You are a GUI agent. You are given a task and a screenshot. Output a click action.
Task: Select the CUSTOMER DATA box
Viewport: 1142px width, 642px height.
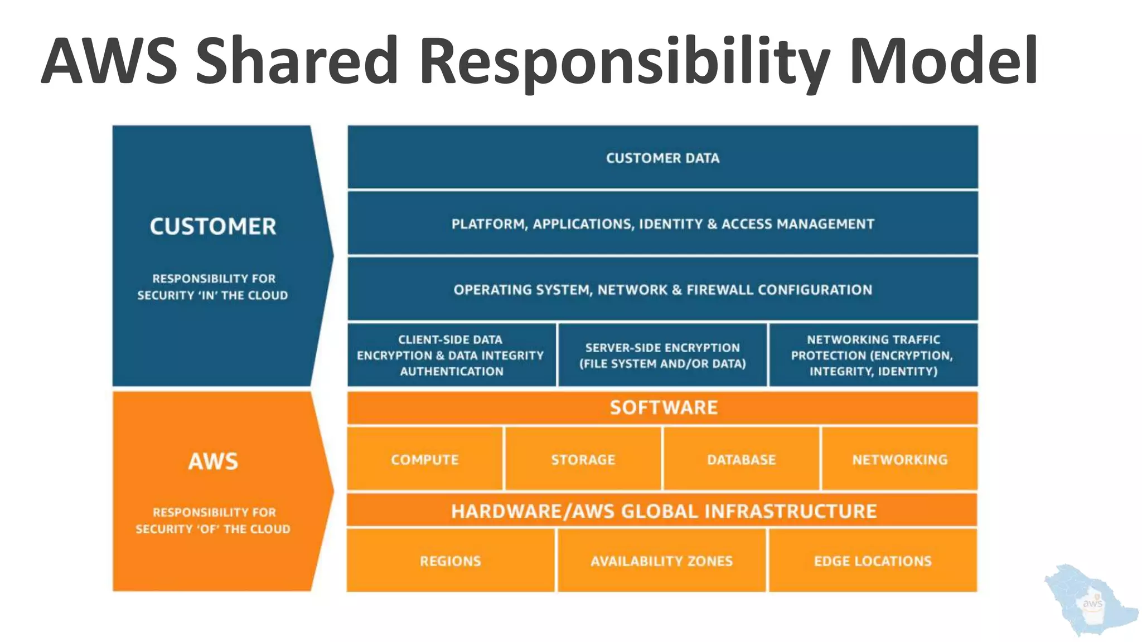coord(662,158)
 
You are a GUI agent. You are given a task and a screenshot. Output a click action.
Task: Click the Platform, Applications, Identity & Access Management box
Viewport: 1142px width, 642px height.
coord(662,223)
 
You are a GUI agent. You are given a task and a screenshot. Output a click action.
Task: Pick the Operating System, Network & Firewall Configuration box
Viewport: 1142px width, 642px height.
coord(662,289)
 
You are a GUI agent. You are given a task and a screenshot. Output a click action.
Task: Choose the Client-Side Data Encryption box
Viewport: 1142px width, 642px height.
coord(451,355)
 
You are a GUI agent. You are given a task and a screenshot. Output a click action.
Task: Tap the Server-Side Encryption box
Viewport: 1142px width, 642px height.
coord(662,355)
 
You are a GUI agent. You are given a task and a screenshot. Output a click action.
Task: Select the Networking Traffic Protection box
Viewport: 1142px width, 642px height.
coord(873,355)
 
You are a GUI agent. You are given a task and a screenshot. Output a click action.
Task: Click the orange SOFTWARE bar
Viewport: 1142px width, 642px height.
coord(662,407)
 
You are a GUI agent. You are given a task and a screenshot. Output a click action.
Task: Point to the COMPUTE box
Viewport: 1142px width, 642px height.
coord(425,459)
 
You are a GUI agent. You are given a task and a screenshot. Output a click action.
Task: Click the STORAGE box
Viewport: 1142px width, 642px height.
coord(583,459)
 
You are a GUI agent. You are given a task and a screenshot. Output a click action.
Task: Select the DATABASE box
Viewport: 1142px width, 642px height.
coord(742,459)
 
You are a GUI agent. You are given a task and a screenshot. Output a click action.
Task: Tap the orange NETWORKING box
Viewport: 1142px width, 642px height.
coord(899,459)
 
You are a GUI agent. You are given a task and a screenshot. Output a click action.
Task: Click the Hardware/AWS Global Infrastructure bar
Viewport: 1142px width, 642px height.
coord(662,510)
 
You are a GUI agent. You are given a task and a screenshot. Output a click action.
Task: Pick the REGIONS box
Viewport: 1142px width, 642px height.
coord(451,561)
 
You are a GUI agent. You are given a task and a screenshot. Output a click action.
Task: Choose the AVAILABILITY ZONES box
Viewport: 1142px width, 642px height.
coord(662,561)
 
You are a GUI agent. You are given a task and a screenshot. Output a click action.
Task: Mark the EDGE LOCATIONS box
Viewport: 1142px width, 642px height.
coord(873,561)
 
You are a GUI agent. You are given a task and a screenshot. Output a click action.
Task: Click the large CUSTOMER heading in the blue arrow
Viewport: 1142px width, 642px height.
coord(213,226)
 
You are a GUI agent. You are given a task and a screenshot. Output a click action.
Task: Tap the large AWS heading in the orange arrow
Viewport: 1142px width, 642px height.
coord(213,461)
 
